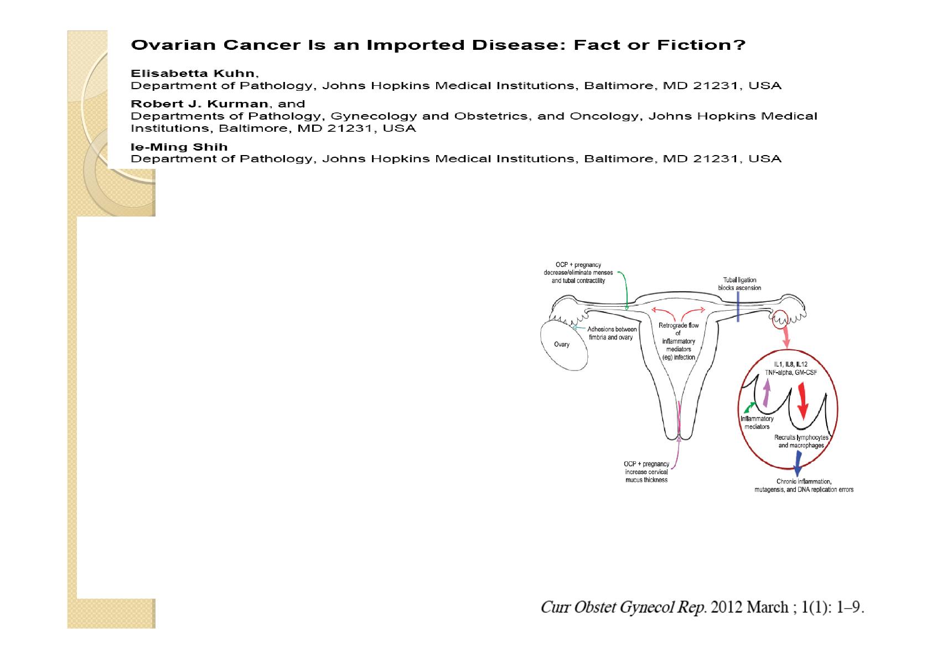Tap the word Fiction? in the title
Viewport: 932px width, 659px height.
702,45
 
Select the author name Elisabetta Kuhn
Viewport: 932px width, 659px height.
193,73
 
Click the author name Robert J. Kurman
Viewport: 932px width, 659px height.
199,104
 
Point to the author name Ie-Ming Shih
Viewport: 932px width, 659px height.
179,147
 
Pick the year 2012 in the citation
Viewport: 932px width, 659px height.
727,607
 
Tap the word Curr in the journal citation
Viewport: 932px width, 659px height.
556,607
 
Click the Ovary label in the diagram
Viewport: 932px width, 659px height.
562,344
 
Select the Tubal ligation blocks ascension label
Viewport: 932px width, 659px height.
739,284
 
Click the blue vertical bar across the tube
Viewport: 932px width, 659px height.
738,306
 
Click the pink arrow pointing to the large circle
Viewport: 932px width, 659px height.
785,337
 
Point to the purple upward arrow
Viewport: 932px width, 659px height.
767,393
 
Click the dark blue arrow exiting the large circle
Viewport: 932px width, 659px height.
798,464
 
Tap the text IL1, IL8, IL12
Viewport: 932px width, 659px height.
790,364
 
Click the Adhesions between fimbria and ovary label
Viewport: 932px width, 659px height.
611,333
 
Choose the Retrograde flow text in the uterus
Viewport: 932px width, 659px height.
679,326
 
